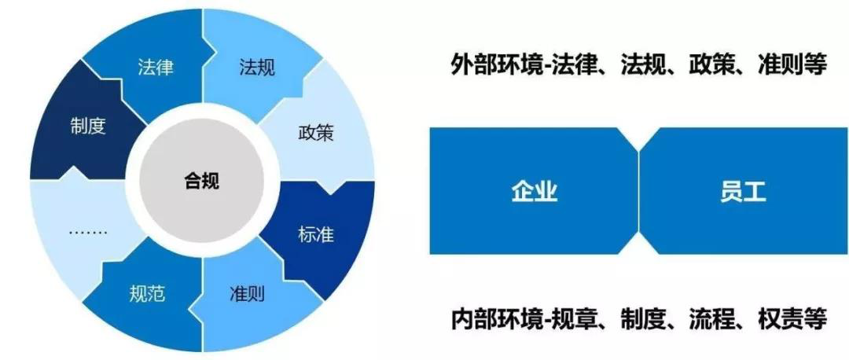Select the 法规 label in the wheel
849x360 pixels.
(x=257, y=68)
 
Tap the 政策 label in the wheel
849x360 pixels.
(x=316, y=133)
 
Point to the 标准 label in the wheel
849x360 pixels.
(x=316, y=235)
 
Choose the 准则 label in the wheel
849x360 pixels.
(x=247, y=294)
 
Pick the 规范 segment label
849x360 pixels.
(x=147, y=294)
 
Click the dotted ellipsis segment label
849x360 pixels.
(x=88, y=233)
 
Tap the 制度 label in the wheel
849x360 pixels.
(x=88, y=127)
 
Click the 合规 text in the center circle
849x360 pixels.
(x=201, y=182)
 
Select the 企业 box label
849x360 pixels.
(x=535, y=192)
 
